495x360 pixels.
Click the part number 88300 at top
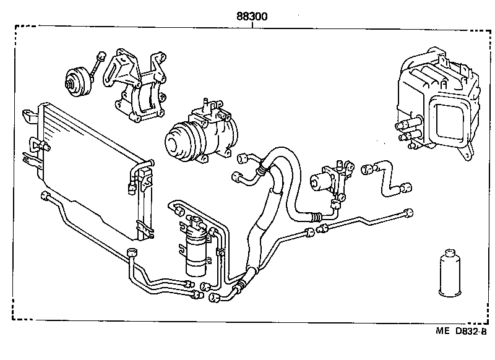(x=251, y=17)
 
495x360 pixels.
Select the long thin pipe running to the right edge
(x=365, y=220)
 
